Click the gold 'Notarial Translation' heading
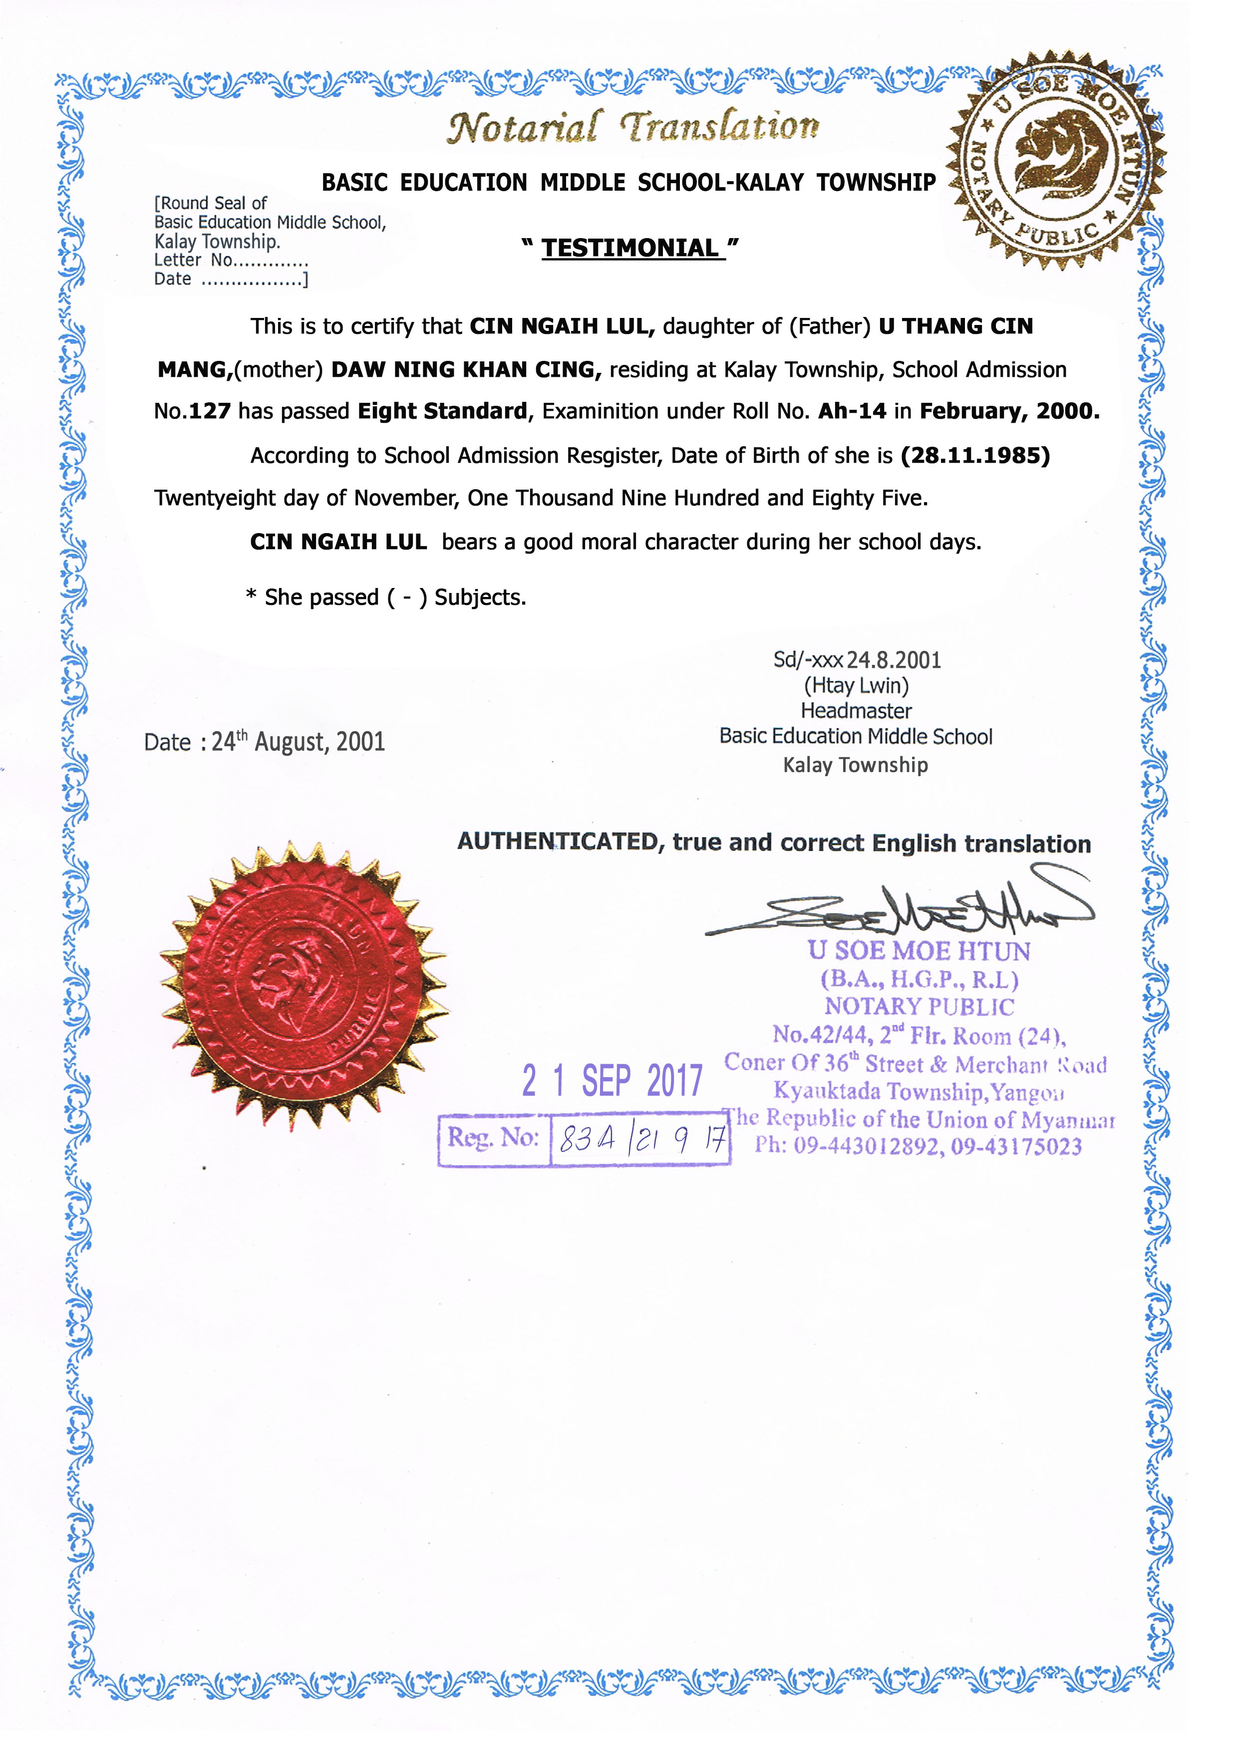[632, 127]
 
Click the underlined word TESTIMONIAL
[631, 248]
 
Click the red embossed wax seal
[304, 984]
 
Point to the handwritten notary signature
[900, 907]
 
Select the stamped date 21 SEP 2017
[612, 1081]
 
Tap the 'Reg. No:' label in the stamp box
[494, 1138]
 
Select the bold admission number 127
[209, 411]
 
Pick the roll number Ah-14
[852, 411]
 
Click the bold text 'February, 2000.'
[1009, 411]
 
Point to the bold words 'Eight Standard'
[442, 411]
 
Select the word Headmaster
[856, 711]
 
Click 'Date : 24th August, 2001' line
[264, 741]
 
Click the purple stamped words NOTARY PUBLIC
[919, 1007]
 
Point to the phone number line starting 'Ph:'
[919, 1146]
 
